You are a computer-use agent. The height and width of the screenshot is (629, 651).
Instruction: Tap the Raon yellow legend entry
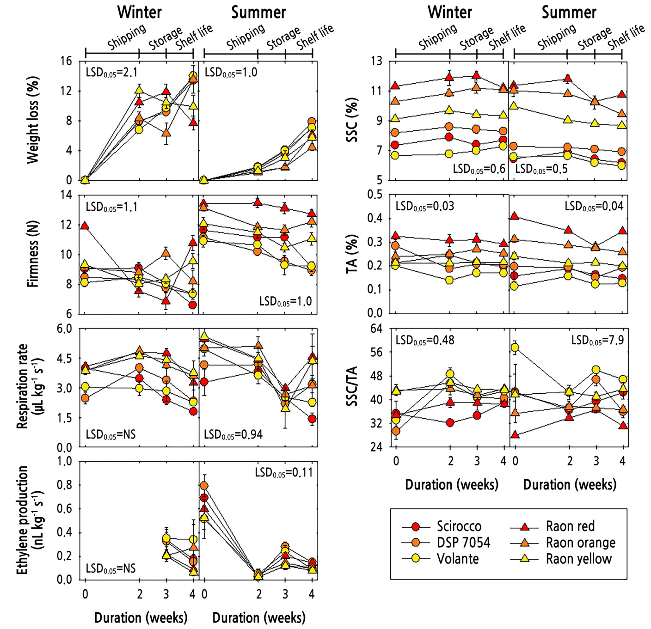(578, 559)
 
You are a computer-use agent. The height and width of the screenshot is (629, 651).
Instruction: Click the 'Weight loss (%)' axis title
(33, 120)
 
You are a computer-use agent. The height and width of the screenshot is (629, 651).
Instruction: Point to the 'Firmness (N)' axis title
(33, 254)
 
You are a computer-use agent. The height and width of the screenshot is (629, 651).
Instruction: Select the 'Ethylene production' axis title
(22, 520)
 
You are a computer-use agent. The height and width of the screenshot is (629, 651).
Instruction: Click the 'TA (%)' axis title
(352, 254)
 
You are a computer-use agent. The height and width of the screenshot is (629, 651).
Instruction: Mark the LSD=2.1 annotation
(111, 73)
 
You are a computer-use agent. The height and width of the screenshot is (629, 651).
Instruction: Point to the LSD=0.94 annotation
(233, 434)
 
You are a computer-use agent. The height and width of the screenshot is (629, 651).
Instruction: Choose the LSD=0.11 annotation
(283, 473)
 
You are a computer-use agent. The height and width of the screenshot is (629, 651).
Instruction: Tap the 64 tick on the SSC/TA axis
(376, 329)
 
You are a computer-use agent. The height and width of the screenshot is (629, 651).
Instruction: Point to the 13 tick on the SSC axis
(376, 61)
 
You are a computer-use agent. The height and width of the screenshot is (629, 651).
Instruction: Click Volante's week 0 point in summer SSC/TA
(514, 347)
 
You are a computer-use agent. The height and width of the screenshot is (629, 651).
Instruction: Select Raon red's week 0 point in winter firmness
(85, 226)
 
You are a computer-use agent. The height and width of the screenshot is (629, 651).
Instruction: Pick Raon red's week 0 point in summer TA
(514, 216)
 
